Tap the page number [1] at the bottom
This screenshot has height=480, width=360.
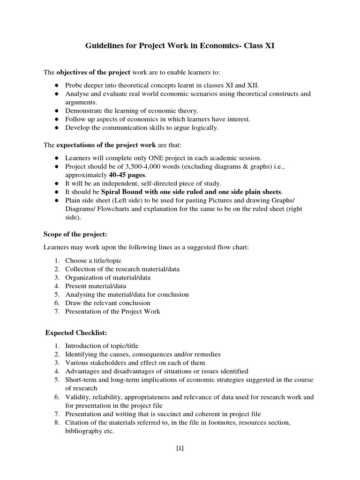coord(180,448)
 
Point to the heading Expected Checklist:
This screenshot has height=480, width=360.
coord(76,332)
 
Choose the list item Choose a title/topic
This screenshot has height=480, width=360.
coord(94,260)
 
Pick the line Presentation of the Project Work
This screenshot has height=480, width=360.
coord(112,311)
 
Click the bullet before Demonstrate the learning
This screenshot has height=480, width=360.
coord(56,111)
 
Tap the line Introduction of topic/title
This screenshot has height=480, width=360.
coord(102,345)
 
